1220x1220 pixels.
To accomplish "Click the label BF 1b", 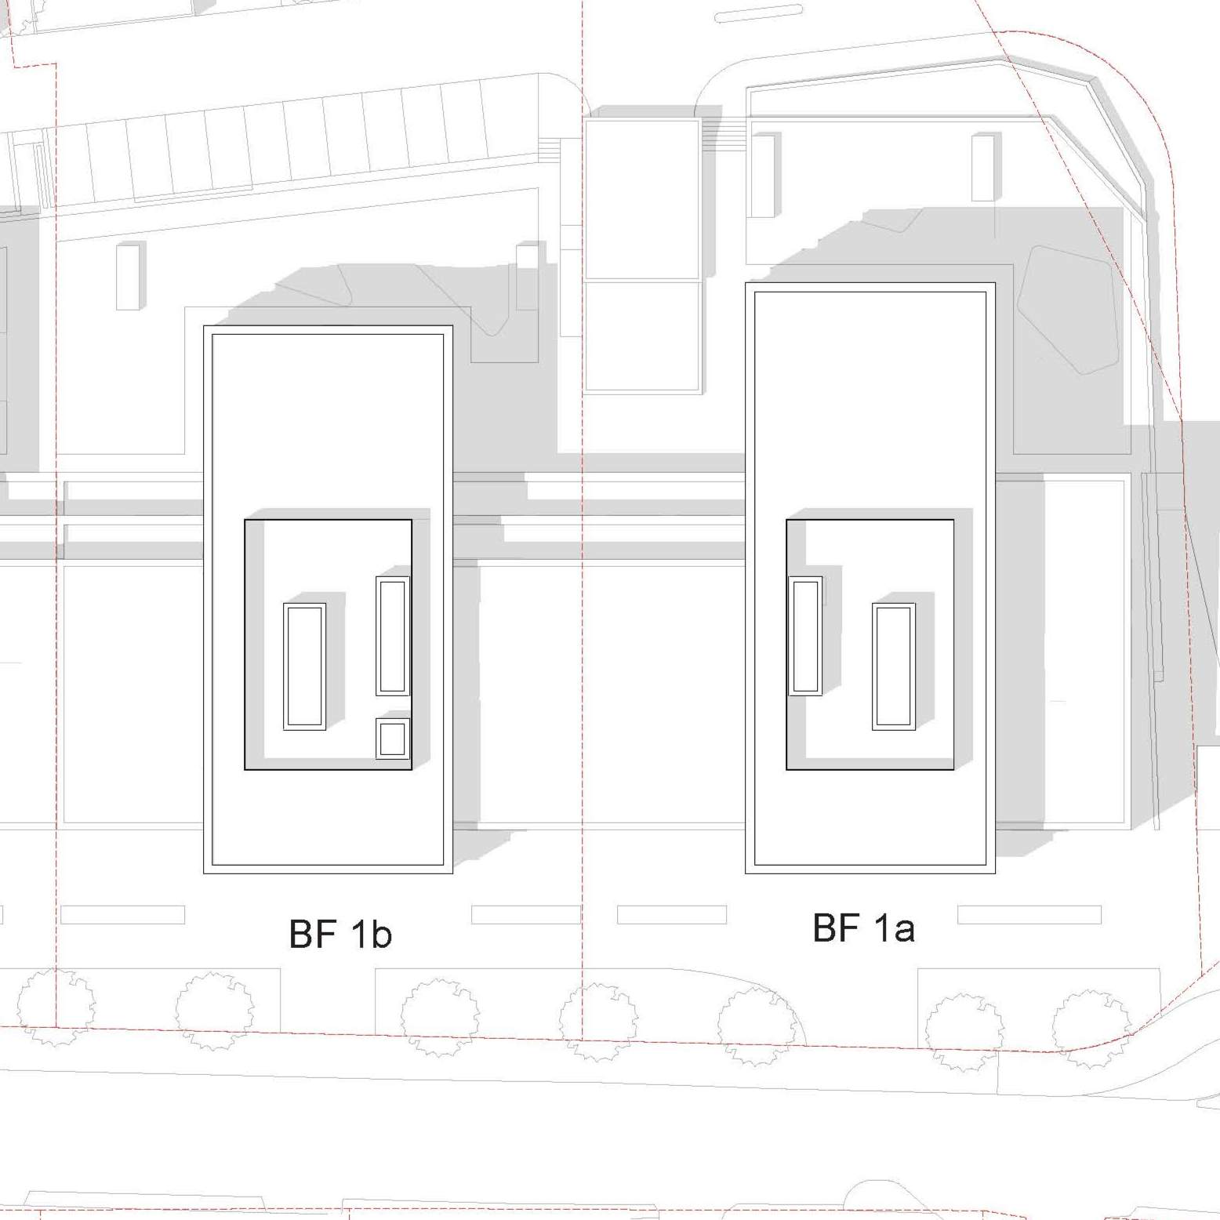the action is pos(340,933).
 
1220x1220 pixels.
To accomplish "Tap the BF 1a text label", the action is pos(863,928).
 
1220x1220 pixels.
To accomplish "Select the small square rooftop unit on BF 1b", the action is pos(393,739).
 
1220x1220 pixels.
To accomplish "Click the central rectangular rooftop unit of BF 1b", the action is pos(304,666).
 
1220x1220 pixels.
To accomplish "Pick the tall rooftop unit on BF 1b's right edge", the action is pos(393,636).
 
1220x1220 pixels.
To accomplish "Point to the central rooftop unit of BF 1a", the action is pos(894,666).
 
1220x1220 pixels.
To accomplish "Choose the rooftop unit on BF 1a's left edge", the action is pos(805,636).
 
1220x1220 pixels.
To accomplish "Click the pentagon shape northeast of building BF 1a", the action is pos(1067,310).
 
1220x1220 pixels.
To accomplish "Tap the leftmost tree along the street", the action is pos(56,1008).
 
